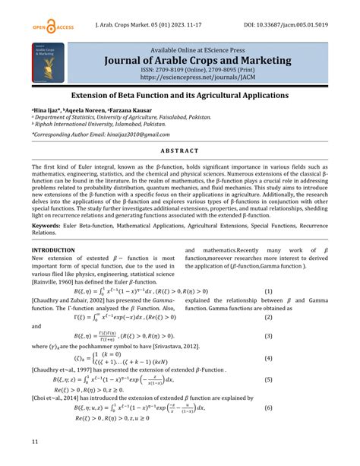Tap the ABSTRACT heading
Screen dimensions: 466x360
179,151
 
